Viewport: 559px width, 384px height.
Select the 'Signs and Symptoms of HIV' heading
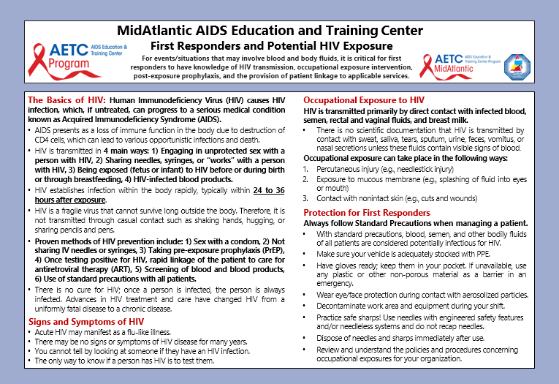[85, 321]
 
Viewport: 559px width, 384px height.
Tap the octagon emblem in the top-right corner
[518, 65]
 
